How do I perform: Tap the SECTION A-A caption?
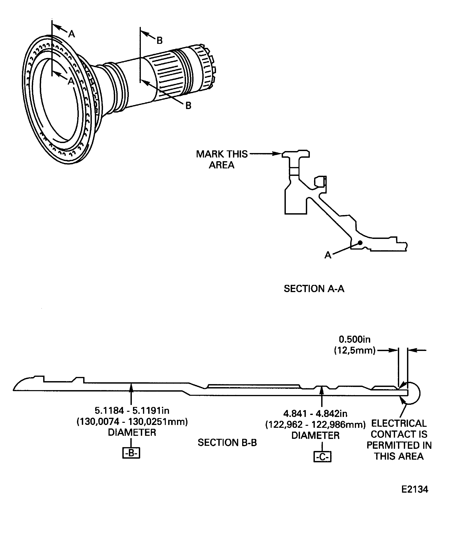(x=314, y=289)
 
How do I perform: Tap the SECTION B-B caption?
(x=227, y=443)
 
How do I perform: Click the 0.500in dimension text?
(x=354, y=339)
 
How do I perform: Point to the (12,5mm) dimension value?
(x=354, y=350)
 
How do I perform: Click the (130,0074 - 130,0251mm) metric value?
(x=132, y=422)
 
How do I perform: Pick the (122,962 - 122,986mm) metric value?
(x=315, y=425)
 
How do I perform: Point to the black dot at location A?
(x=360, y=243)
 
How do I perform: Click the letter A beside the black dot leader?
(x=328, y=255)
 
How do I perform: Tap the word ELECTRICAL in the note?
(x=399, y=423)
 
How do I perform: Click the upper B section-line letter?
(x=159, y=40)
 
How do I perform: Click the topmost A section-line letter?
(x=71, y=34)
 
